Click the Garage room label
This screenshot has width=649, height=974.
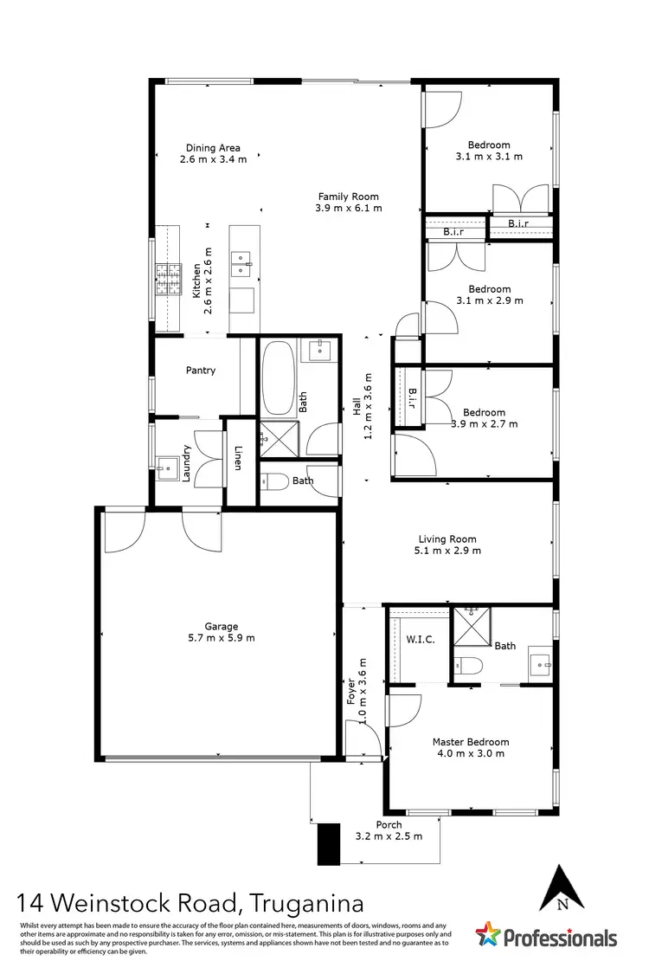coord(222,627)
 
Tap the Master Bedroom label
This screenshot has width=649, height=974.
coord(471,742)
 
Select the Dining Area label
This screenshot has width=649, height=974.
coord(213,147)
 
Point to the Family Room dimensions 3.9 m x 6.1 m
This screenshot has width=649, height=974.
coord(349,209)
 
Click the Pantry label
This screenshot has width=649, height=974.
coord(200,371)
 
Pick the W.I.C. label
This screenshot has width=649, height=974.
coord(420,640)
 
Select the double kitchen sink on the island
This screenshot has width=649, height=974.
coord(241,263)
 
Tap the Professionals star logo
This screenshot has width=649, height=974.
coord(489,935)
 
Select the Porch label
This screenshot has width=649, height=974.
coord(389,825)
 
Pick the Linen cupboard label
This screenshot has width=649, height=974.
coord(239,458)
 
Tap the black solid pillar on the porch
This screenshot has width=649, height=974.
coord(330,843)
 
